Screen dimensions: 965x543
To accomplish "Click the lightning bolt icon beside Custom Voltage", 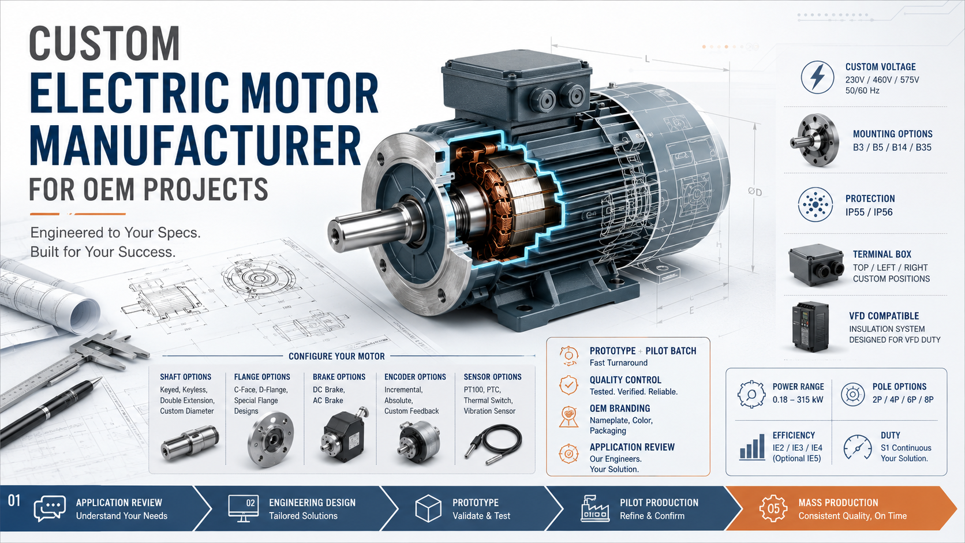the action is (x=817, y=77).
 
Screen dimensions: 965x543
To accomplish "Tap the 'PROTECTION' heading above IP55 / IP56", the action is (x=870, y=199).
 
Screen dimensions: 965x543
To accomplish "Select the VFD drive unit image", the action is (x=810, y=327).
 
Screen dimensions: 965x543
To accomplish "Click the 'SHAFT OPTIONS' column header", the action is (x=186, y=377).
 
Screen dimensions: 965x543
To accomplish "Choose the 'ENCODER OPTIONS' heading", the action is (x=415, y=377).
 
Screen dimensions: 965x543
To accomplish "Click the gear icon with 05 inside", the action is (x=773, y=508).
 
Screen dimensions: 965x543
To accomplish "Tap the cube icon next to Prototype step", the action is (x=428, y=508).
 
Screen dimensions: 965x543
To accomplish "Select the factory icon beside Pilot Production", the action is (x=595, y=508).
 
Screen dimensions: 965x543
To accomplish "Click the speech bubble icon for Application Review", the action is (x=50, y=508).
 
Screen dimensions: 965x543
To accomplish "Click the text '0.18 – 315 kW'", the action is (x=798, y=400).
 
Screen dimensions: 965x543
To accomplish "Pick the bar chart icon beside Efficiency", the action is (x=752, y=447).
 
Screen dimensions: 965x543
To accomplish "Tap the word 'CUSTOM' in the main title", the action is (x=104, y=43).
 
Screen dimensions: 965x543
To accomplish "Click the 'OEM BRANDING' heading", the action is (x=620, y=408).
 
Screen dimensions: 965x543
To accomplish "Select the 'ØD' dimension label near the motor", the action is (x=755, y=192).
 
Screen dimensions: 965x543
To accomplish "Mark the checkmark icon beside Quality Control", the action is (x=568, y=385).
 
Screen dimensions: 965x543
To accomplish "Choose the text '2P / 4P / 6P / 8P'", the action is (x=903, y=400).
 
